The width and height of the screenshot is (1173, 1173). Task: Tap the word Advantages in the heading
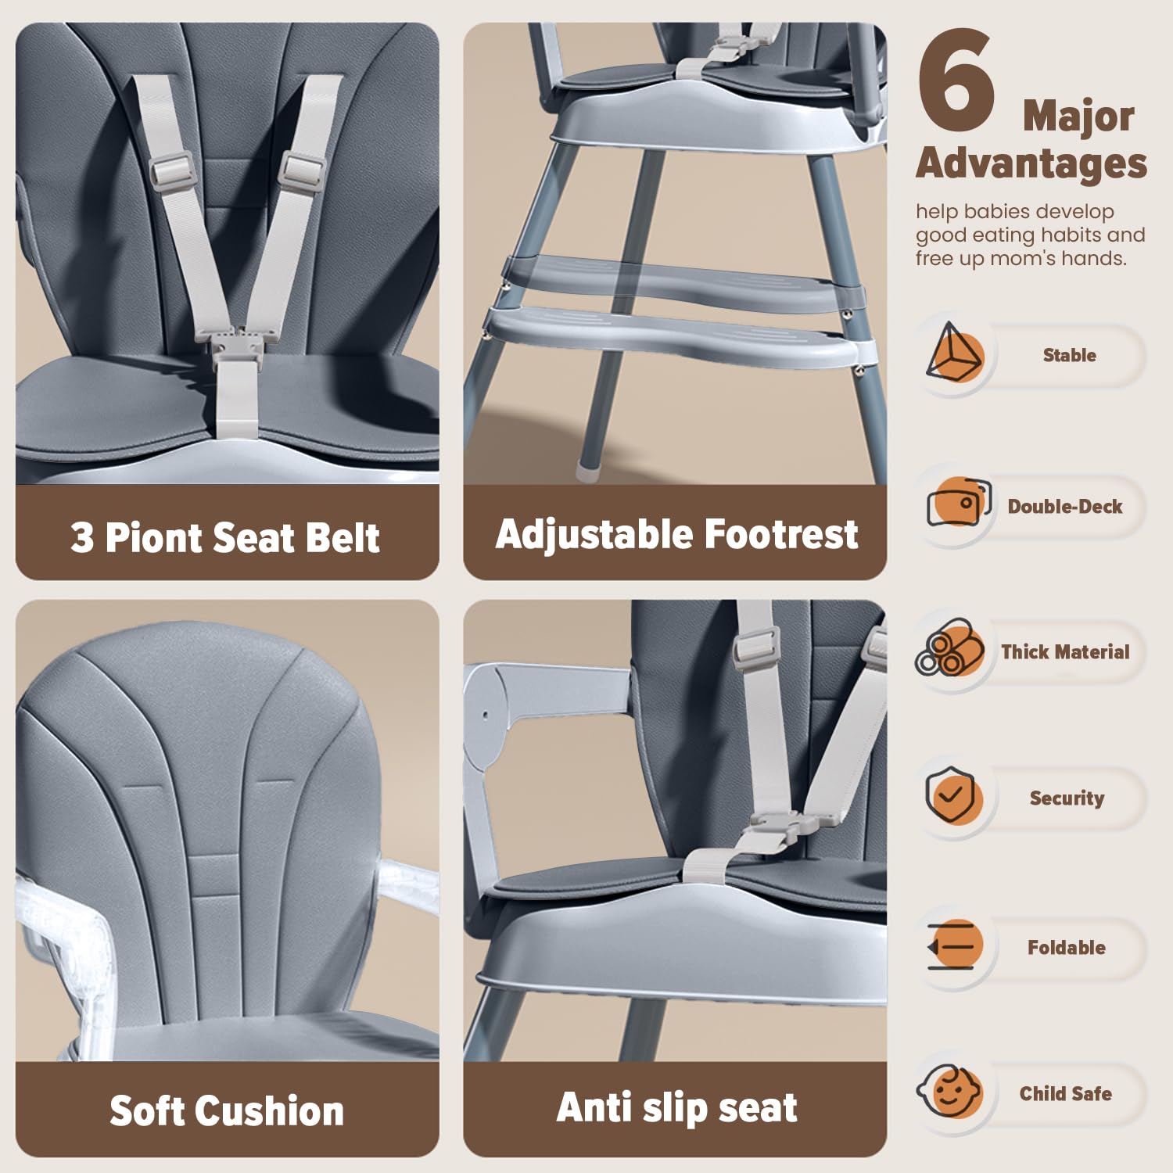[x=1031, y=163]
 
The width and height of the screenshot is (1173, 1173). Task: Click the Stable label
[x=1069, y=355]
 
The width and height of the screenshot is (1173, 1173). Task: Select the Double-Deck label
[x=1064, y=507]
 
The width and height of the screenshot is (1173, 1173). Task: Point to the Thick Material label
[x=1065, y=651]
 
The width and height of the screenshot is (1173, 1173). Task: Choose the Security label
[x=1067, y=798]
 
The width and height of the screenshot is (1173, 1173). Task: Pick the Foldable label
[x=1066, y=947]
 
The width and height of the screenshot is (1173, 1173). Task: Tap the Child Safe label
[x=1065, y=1093]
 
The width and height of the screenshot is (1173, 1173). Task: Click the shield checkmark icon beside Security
[x=951, y=795]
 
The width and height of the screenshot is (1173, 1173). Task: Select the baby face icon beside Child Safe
[x=949, y=1092]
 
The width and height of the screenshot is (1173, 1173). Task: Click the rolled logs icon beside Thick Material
[x=949, y=647]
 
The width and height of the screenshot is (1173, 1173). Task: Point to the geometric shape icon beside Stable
[x=954, y=353]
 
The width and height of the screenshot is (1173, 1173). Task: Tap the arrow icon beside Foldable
[x=952, y=945]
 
